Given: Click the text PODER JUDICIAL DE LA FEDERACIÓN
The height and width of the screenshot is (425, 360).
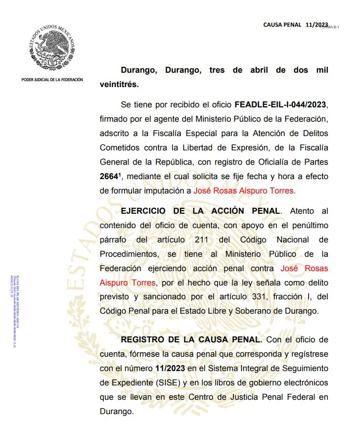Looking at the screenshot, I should pos(52,80).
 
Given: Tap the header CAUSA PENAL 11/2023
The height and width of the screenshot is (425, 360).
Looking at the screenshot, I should pos(295,24).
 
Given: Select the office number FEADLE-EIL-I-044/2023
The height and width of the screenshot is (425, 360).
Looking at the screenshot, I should pos(281,105).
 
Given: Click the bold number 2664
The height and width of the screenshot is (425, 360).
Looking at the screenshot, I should pos(110,176).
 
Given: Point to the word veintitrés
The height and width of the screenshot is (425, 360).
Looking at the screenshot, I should pos(119,84).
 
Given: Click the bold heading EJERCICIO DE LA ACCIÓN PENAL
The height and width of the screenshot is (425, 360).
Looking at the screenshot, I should pos(200,211).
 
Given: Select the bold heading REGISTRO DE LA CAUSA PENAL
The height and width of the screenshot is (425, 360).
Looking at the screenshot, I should pos(191,340).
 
